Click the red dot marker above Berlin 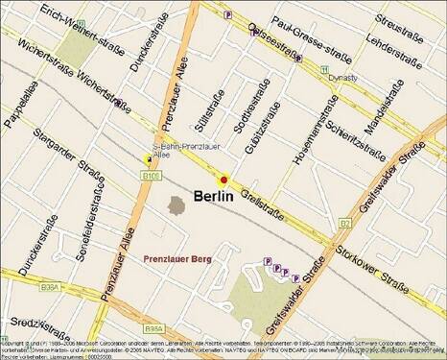tap(223, 180)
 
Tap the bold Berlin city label tap(214, 197)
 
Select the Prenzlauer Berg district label tap(177, 259)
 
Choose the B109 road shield tap(150, 177)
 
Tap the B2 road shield tap(344, 224)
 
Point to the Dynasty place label tap(341, 78)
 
